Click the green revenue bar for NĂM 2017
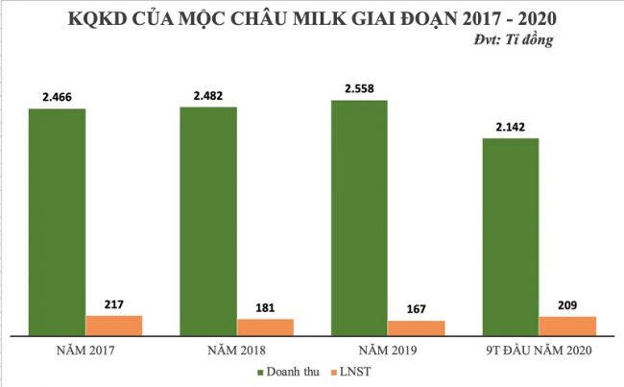(57, 221)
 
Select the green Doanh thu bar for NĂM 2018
(208, 221)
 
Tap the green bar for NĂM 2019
(359, 217)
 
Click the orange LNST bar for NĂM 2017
(114, 325)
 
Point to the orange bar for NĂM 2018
(265, 327)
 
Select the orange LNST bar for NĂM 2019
(416, 327)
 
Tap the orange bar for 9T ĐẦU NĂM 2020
(567, 325)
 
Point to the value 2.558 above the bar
(360, 88)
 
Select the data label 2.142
(510, 127)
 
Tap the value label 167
(416, 309)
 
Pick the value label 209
(566, 304)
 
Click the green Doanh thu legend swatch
(260, 372)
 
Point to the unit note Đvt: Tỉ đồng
(514, 40)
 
